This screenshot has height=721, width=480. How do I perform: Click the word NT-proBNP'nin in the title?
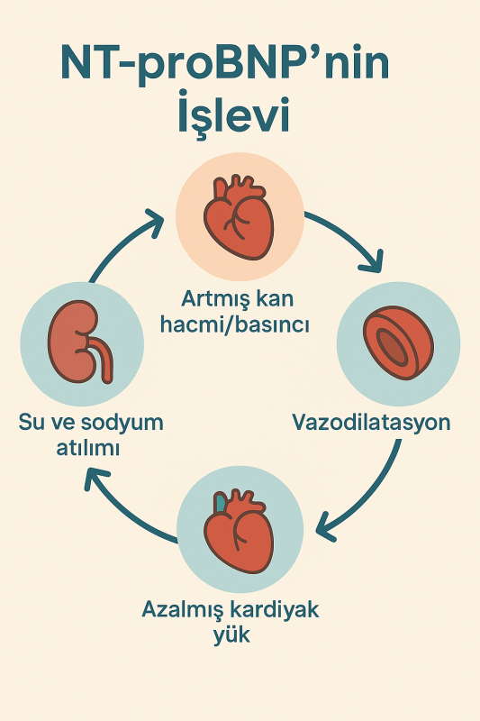pyautogui.click(x=225, y=64)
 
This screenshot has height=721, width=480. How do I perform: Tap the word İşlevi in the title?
pyautogui.click(x=234, y=114)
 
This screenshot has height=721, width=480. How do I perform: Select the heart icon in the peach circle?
pyautogui.click(x=239, y=216)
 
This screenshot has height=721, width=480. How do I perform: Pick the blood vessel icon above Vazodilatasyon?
pyautogui.click(x=398, y=342)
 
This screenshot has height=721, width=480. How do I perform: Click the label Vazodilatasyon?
pyautogui.click(x=372, y=422)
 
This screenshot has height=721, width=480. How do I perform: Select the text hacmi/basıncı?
pyautogui.click(x=234, y=324)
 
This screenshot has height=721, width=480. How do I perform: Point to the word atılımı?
pyautogui.click(x=87, y=447)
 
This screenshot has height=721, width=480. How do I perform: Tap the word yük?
pyautogui.click(x=232, y=635)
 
